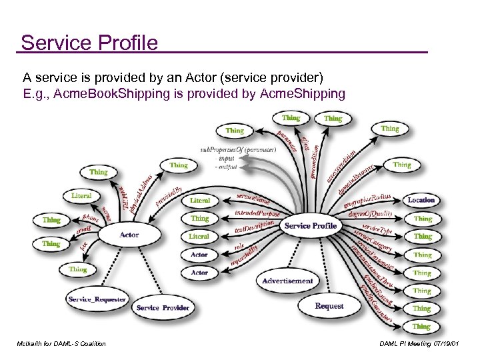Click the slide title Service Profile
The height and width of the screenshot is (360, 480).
[x=89, y=43]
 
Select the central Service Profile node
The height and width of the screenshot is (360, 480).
[x=310, y=226]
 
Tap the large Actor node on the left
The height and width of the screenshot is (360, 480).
[x=129, y=235]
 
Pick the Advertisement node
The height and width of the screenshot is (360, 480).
[x=287, y=281]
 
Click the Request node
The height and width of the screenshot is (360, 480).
[x=329, y=306]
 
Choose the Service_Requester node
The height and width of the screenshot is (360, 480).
[x=97, y=299]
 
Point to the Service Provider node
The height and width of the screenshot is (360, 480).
[x=162, y=308]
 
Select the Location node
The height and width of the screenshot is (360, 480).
[x=421, y=200]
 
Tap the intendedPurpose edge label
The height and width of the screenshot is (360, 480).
[x=257, y=214]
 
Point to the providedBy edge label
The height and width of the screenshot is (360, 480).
[x=169, y=193]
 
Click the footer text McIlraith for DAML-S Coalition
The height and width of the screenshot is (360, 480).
[x=63, y=343]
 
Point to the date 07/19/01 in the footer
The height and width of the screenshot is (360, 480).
[x=451, y=343]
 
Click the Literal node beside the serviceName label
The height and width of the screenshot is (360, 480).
[x=199, y=200]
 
